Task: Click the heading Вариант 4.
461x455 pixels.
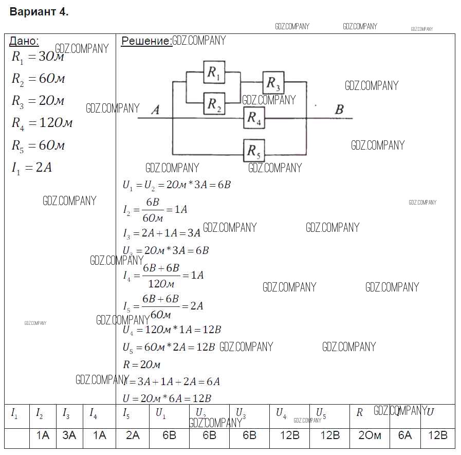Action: point(39,12)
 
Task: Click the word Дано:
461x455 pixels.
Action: point(24,41)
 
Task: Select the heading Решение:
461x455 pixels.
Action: point(146,41)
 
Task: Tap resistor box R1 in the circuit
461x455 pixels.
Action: point(214,74)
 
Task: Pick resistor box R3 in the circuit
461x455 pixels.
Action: point(273,82)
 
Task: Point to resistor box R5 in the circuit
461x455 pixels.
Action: point(254,151)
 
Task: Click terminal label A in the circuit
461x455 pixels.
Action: point(155,110)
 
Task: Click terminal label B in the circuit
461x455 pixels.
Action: point(339,110)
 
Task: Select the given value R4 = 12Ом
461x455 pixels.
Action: point(42,123)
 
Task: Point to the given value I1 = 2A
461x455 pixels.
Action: point(32,168)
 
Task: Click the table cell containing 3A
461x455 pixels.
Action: point(69,435)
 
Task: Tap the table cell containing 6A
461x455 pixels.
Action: point(405,435)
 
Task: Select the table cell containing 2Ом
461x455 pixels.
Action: point(370,435)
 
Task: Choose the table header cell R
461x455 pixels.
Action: point(360,413)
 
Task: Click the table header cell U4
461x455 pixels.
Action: point(281,413)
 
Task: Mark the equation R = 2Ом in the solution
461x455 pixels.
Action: point(142,365)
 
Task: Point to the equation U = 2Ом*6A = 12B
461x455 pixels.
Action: point(167,398)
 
